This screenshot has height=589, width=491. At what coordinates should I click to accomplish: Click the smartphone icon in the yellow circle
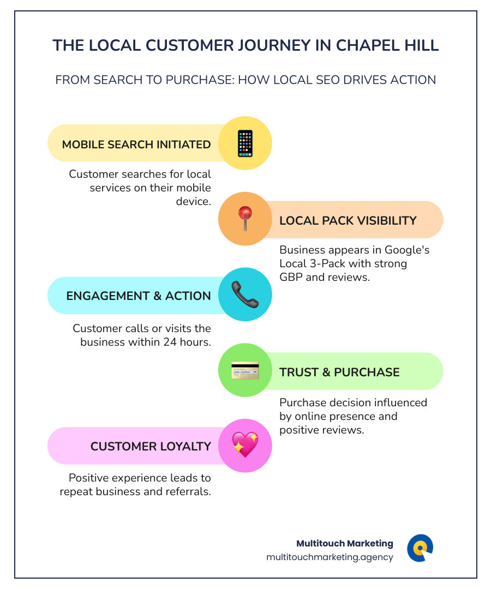pos(245,143)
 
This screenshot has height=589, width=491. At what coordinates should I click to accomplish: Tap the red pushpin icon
pos(245,219)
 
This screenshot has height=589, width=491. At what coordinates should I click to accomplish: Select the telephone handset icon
pos(245,294)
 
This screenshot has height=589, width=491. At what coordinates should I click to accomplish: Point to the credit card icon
pos(245,371)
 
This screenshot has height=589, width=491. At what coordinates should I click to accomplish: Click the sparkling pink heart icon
pos(245,446)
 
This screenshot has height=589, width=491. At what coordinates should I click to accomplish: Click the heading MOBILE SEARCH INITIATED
pos(136,145)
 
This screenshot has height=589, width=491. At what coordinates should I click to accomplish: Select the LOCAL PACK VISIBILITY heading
pos(348,220)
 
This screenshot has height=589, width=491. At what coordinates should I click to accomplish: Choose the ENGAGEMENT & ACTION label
pos(139,296)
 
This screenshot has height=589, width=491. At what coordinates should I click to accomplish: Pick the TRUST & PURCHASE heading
pos(339,372)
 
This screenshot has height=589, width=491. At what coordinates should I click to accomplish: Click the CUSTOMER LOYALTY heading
pos(151,446)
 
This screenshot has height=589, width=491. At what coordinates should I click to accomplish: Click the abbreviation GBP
pos(292,277)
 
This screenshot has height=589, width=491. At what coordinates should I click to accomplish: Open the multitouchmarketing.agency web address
pos(330,557)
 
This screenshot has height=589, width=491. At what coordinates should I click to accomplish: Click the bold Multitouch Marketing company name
pos(344,543)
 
